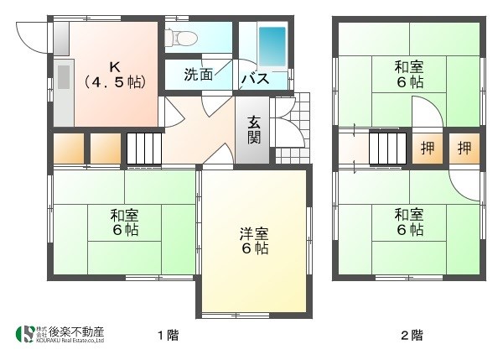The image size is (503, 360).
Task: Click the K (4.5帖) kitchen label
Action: pyautogui.click(x=114, y=74)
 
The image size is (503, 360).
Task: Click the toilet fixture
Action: pyautogui.click(x=180, y=37)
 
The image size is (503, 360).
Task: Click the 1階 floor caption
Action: pyautogui.click(x=167, y=336)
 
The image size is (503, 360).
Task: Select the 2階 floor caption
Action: pyautogui.click(x=411, y=336)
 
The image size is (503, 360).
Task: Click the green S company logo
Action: pyautogui.click(x=25, y=334)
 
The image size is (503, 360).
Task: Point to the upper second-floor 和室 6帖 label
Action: pyautogui.click(x=409, y=74)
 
